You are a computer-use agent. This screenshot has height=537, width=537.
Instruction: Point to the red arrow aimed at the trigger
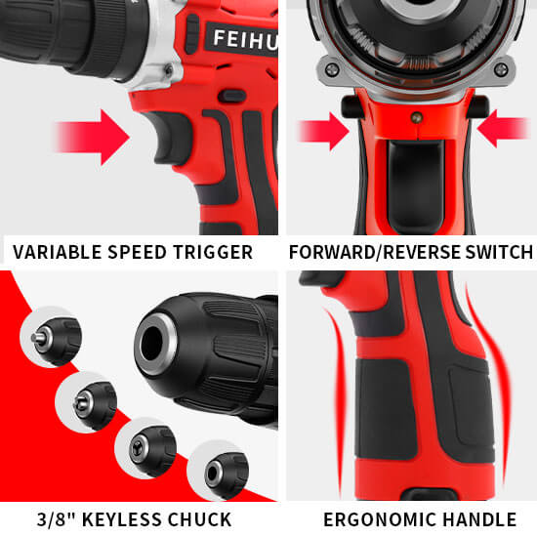[92, 137]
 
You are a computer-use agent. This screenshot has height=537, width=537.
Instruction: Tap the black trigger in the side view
[169, 138]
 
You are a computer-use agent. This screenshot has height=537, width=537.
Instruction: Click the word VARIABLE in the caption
[58, 253]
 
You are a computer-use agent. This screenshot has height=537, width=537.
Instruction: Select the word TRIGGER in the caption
[213, 253]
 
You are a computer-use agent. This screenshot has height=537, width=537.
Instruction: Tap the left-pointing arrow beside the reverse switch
[504, 129]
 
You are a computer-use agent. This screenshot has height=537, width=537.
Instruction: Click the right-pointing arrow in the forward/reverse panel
[322, 132]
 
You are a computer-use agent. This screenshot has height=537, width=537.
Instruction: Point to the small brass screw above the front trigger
[417, 117]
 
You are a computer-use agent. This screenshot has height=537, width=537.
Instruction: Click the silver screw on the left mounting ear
[332, 70]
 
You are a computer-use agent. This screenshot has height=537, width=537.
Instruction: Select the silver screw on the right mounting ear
[501, 70]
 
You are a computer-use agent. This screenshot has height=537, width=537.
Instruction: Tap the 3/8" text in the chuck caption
[57, 519]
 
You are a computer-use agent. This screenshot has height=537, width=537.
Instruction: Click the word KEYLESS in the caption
[122, 519]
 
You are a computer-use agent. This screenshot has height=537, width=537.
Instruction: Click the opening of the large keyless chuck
[151, 343]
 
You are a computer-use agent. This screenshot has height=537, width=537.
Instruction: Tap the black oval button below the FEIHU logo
[232, 97]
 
